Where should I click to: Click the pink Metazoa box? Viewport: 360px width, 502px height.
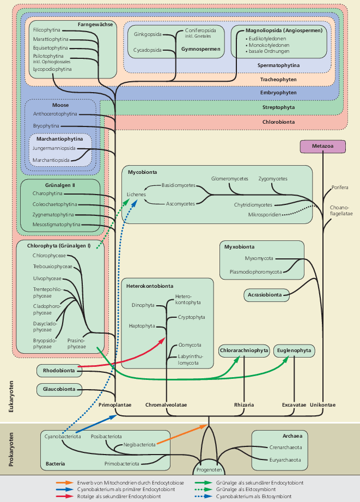tap(323, 146)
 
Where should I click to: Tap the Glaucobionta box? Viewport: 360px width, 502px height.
tap(59, 389)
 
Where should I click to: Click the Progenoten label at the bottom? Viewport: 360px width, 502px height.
tap(210, 469)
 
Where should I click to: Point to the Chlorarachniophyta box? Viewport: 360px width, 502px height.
tap(244, 350)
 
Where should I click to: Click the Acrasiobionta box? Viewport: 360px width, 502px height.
tap(266, 295)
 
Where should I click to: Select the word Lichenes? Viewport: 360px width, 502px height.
tap(136, 194)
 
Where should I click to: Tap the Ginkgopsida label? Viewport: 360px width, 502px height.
tap(148, 34)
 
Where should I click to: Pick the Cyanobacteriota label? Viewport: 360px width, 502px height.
tap(63, 437)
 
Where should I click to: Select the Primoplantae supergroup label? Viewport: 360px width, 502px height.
tap(115, 405)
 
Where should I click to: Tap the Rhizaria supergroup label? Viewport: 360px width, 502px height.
tap(243, 405)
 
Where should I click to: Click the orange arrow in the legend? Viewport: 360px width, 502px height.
tap(64, 483)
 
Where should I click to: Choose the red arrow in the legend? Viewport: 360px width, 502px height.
tap(64, 496)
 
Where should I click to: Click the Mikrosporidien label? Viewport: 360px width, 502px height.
tap(265, 215)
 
